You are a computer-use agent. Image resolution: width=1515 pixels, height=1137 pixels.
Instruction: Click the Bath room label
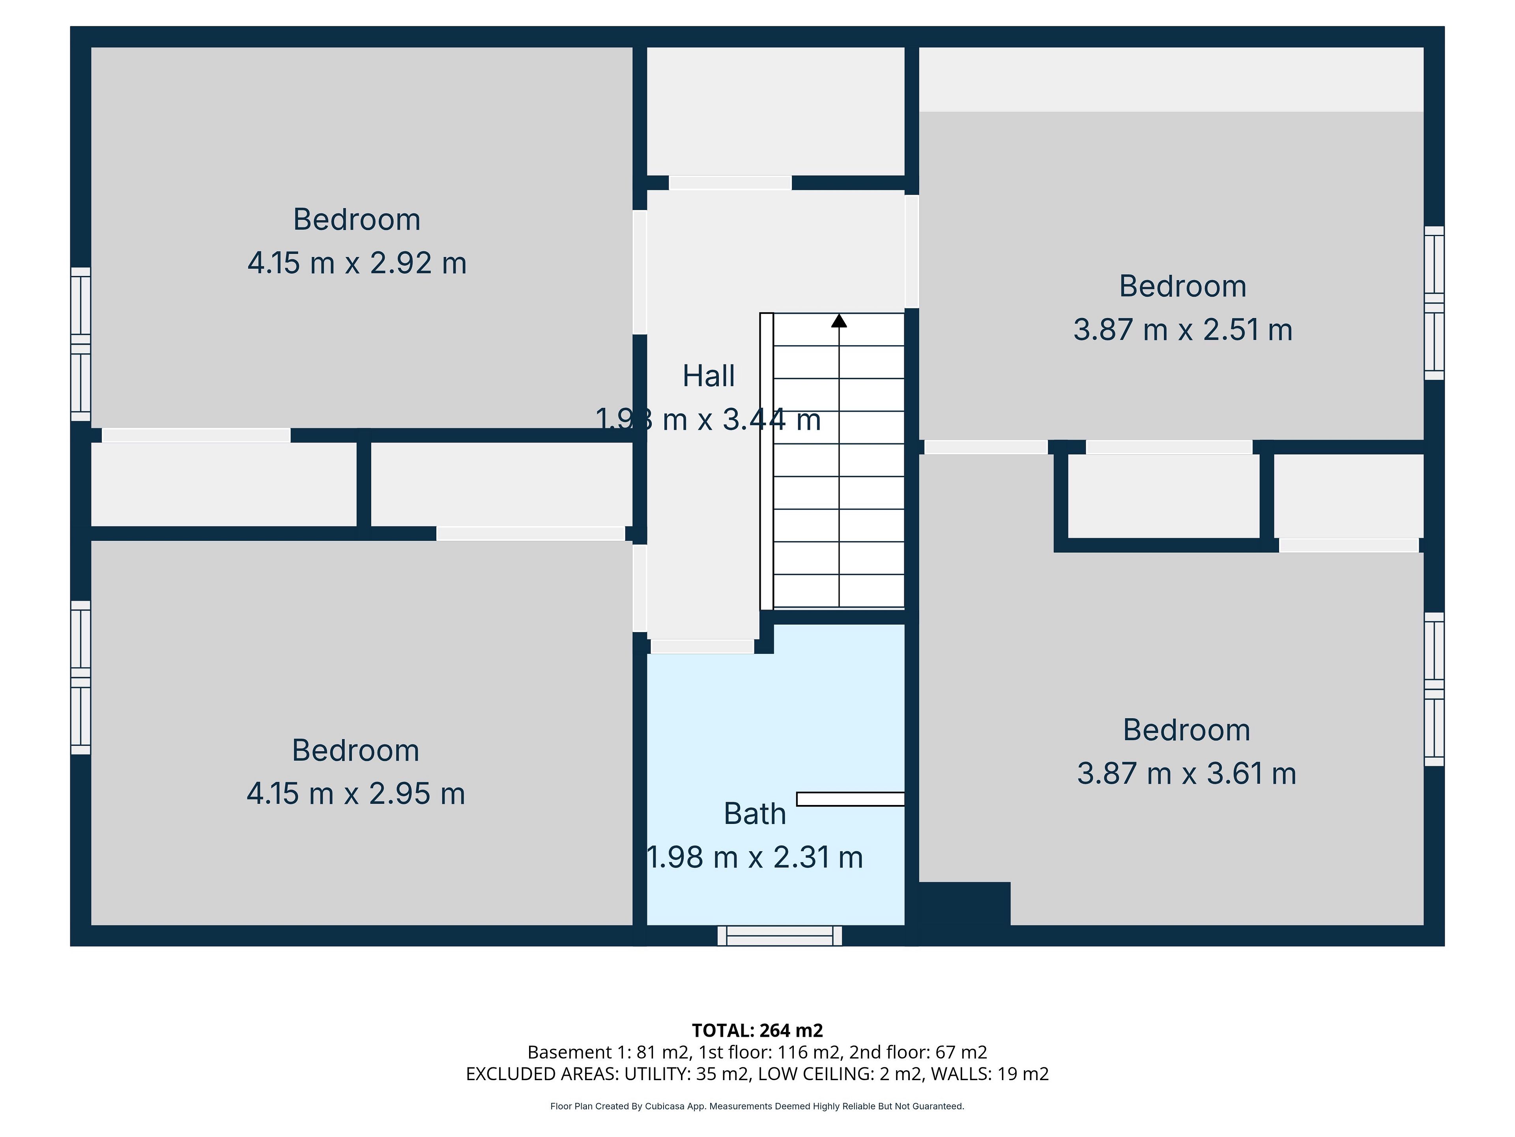[x=755, y=814]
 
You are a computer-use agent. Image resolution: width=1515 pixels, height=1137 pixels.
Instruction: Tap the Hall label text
[x=709, y=376]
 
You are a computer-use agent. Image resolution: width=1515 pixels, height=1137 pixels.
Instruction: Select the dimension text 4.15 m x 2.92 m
[x=357, y=263]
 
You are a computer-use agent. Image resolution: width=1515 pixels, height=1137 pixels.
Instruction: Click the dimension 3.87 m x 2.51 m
[x=1183, y=330]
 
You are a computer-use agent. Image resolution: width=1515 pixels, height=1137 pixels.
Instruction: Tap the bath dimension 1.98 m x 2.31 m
[x=755, y=857]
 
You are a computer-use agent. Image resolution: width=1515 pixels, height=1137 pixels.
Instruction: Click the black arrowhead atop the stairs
[x=839, y=320]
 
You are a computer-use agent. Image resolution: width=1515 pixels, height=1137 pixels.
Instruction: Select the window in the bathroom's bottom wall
[x=780, y=936]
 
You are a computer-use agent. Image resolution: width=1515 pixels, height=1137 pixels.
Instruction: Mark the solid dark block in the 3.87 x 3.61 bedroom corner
[x=964, y=903]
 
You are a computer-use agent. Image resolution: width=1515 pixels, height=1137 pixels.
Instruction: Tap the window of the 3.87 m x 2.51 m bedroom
[x=1434, y=303]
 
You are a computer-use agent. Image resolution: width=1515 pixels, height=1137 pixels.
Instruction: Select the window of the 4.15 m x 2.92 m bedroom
[x=81, y=344]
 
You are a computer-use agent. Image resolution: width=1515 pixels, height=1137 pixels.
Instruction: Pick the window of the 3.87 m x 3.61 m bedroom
[x=1434, y=689]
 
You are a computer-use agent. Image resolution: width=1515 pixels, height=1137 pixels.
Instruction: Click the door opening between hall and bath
[x=702, y=646]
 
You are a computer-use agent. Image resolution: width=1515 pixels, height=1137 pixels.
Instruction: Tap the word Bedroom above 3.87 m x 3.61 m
[x=1187, y=730]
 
